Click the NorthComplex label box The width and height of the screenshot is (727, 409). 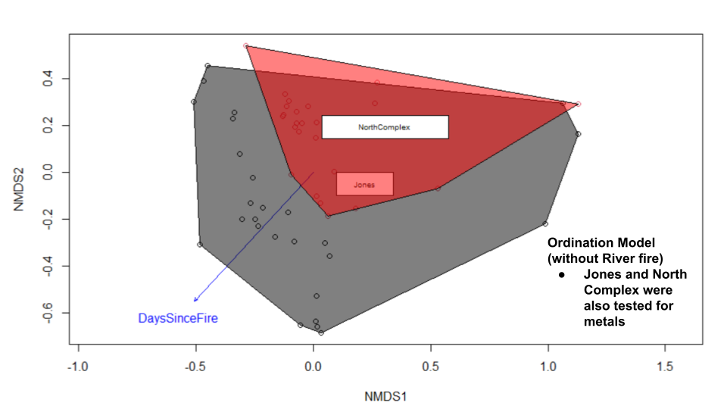(x=385, y=127)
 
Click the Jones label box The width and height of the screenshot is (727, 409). (x=364, y=184)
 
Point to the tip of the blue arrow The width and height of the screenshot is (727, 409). (x=195, y=301)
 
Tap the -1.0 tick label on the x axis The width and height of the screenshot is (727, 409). (x=78, y=369)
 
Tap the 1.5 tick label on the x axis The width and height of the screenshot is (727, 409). (x=664, y=369)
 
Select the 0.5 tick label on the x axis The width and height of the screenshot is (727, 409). (x=430, y=369)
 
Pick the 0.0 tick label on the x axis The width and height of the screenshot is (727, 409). (x=313, y=369)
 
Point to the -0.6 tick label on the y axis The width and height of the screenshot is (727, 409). (x=47, y=313)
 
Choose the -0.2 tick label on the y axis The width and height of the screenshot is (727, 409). (x=47, y=220)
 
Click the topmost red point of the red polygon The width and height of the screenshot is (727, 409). (x=246, y=46)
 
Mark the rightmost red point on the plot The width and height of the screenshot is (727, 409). (x=579, y=105)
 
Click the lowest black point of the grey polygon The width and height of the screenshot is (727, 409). (x=321, y=333)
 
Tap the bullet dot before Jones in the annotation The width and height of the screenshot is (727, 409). (x=561, y=274)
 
